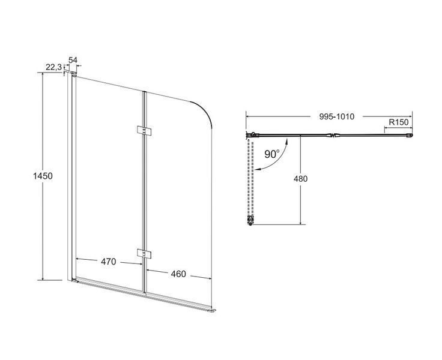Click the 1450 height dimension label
pos(43,176)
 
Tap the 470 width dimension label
pos(109,262)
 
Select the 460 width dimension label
pos(178,274)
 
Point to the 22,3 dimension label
pos(53,67)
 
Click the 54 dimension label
pos(73,60)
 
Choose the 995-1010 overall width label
pos(337,116)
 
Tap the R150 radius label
pos(399,122)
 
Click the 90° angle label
pos(272,154)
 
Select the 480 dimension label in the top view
pos(300,179)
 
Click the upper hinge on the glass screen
pos(144,131)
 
